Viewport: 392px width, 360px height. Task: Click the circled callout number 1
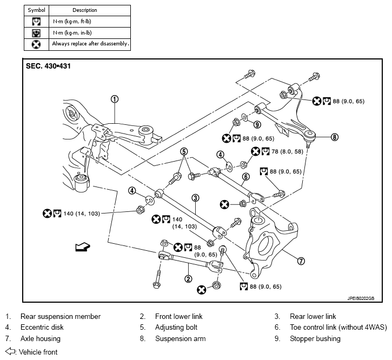coord(115,99)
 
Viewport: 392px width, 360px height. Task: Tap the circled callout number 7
coord(301,261)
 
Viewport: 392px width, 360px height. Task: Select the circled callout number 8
coord(335,137)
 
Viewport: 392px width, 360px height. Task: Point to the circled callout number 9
coord(257,124)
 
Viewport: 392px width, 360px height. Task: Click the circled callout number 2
coord(188,279)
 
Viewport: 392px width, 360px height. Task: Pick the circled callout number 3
coord(195,198)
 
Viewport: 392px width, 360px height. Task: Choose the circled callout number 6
coord(246,177)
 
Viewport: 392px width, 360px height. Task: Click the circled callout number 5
coord(184,151)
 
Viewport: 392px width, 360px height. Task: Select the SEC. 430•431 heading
coord(48,66)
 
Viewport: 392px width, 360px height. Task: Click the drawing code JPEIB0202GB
coord(361,298)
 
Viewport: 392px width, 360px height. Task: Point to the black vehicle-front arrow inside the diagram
coord(83,246)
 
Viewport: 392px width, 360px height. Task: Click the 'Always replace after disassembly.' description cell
coord(90,44)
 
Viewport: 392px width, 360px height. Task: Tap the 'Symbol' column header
coord(37,10)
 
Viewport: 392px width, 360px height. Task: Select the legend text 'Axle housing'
coord(41,338)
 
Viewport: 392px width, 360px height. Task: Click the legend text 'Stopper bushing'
coord(315,338)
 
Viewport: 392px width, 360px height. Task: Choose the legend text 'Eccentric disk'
coord(42,327)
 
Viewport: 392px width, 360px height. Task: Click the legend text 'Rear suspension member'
coord(61,317)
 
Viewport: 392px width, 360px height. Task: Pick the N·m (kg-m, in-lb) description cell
coord(90,33)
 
